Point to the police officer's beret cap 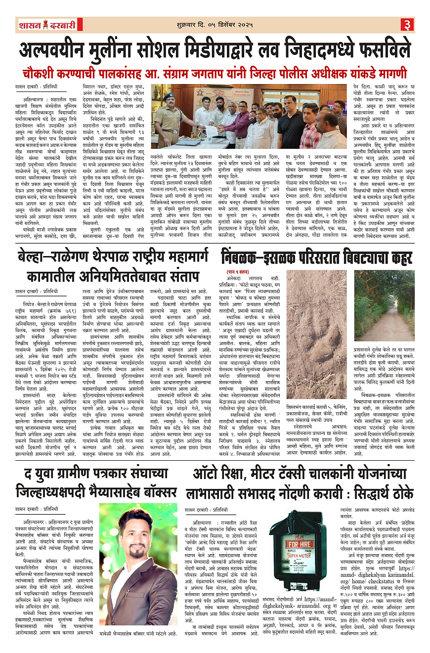click(167, 96)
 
